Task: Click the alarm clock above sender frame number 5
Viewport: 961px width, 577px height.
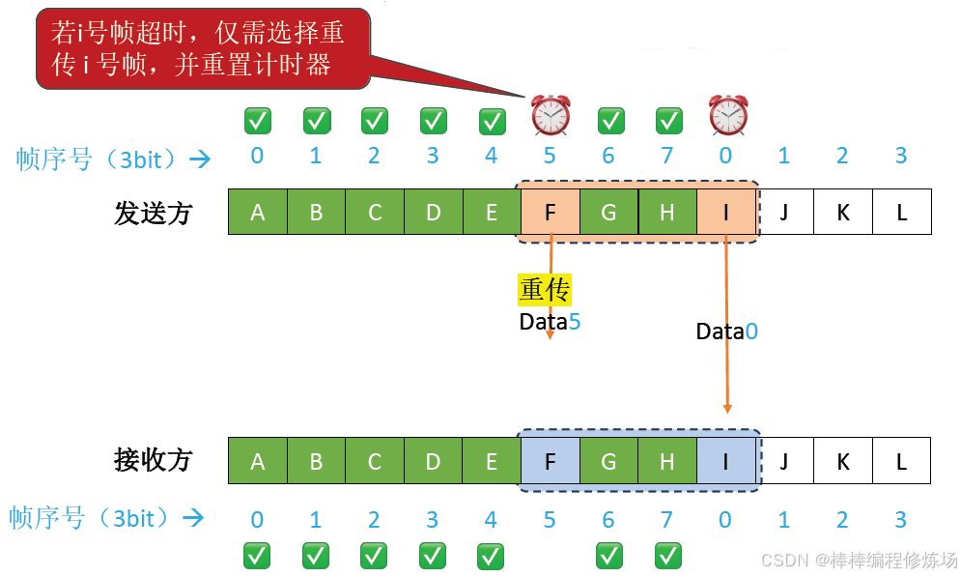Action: [551, 116]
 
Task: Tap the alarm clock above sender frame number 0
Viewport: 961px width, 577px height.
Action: [726, 116]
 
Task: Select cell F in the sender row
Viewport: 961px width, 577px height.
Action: [551, 213]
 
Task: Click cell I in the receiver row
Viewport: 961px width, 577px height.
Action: [725, 461]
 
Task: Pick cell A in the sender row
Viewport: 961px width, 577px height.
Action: [258, 213]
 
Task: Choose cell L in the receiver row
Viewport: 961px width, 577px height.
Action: [901, 461]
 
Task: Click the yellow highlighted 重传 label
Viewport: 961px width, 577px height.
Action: [545, 290]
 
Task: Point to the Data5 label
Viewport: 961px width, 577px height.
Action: [550, 322]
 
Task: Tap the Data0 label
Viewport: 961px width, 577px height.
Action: [726, 332]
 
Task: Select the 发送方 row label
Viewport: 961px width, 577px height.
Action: [154, 213]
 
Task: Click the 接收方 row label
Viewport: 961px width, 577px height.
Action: [154, 460]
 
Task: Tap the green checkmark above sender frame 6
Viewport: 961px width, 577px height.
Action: [609, 121]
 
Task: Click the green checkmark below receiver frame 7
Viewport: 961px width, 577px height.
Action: [667, 556]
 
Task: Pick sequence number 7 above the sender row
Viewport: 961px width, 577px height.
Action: [666, 156]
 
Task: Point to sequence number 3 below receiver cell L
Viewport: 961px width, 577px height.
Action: [900, 520]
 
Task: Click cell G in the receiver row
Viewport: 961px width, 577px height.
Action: [608, 461]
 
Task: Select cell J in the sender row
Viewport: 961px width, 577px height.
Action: [784, 213]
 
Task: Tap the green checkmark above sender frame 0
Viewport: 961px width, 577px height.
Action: [257, 121]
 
